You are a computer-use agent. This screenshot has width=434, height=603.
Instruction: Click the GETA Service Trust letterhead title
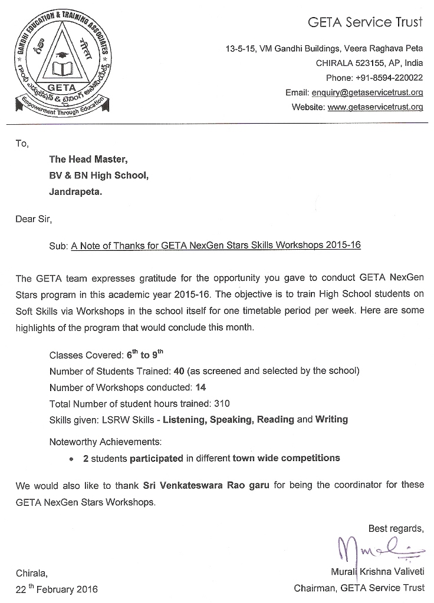365,23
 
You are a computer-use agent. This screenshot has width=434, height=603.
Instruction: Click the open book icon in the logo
62,69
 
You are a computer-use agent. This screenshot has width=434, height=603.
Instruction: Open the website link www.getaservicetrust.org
375,107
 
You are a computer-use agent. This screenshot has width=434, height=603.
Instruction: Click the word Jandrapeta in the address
75,191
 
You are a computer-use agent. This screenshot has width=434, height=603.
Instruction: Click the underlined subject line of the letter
216,246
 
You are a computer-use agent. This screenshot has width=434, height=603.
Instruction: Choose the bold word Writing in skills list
331,420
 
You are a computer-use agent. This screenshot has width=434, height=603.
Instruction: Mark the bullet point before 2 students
71,458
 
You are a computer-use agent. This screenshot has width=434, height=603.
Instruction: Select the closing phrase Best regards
396,528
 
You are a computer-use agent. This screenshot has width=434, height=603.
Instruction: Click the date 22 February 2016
57,589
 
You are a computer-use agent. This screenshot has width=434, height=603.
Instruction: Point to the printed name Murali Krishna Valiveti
377,571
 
